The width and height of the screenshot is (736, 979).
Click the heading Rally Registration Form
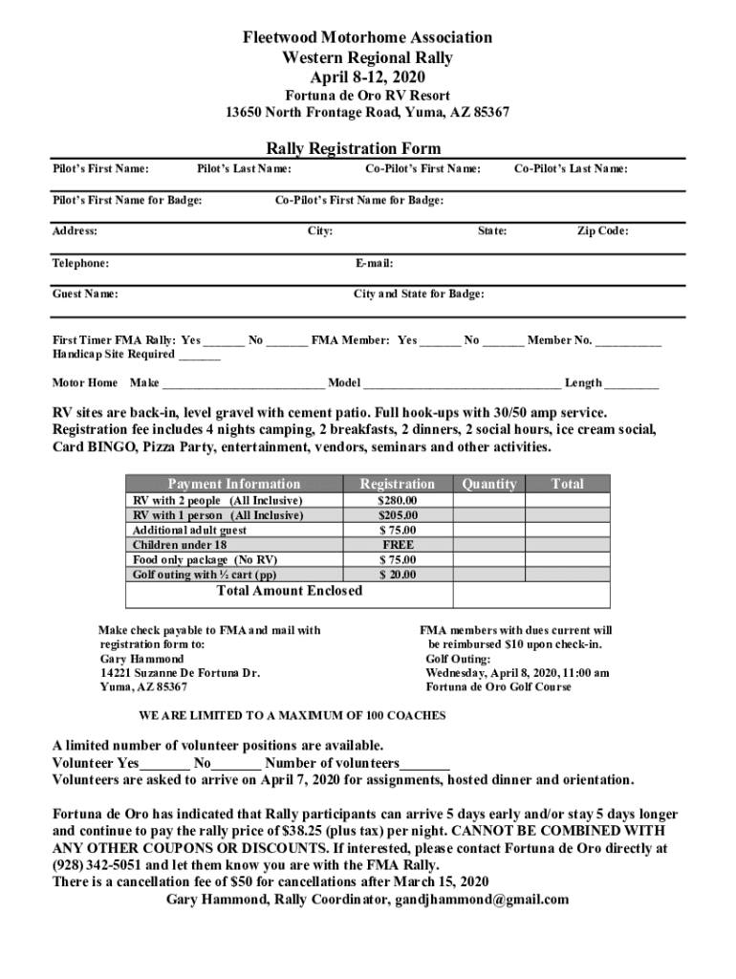click(x=354, y=148)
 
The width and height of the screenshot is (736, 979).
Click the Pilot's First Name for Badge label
click(x=126, y=200)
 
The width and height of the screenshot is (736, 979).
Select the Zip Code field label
click(x=602, y=230)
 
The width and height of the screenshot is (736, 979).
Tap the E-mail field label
click(x=374, y=263)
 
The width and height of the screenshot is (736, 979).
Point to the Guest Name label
click(x=85, y=294)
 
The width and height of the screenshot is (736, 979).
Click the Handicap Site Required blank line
click(x=199, y=356)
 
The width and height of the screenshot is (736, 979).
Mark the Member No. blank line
click(x=629, y=341)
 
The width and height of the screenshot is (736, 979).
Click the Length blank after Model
click(x=631, y=384)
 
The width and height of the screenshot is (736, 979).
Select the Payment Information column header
click(x=234, y=484)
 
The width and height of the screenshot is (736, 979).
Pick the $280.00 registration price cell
click(x=397, y=500)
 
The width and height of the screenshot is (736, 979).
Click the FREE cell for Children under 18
click(x=397, y=545)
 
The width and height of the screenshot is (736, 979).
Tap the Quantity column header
click(x=488, y=484)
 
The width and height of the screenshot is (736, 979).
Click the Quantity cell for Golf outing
click(x=488, y=575)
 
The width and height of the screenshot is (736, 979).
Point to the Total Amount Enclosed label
click(x=290, y=591)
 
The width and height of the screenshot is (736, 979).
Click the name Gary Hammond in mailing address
click(x=141, y=659)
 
